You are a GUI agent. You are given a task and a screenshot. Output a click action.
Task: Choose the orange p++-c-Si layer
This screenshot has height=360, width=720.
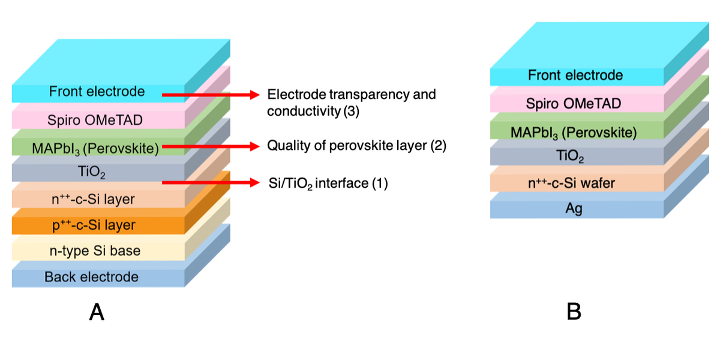point(96,226)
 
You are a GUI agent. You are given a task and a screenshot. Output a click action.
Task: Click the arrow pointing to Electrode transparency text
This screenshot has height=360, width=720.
point(210,95)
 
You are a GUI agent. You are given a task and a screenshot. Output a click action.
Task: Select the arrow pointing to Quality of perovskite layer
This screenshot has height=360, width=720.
point(210,146)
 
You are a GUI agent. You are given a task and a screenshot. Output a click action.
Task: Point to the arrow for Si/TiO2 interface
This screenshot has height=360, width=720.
point(210,182)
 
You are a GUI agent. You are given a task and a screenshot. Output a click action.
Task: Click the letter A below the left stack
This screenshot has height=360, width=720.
point(96,312)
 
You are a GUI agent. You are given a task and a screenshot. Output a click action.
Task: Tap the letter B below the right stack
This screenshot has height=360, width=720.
point(574,312)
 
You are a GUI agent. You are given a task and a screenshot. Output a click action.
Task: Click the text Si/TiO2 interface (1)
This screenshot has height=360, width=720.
point(328,184)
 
